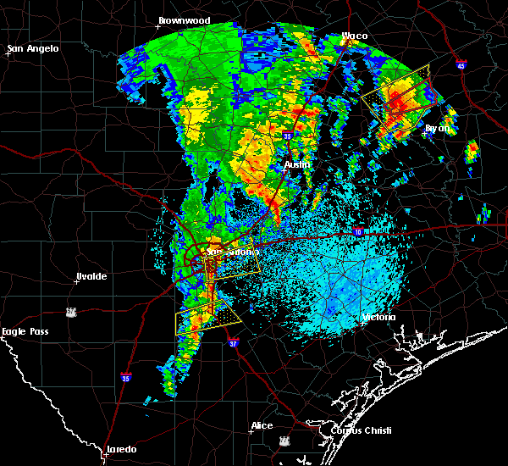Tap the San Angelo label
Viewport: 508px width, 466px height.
point(34,48)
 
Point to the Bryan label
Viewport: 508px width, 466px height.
point(438,128)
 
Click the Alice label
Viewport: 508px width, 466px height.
point(262,425)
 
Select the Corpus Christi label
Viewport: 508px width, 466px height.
point(347,430)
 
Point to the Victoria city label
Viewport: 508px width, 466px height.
point(378,317)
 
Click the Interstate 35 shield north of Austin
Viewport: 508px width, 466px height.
point(288,136)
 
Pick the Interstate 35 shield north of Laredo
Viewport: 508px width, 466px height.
point(125,378)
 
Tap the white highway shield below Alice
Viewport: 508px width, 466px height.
point(282,441)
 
